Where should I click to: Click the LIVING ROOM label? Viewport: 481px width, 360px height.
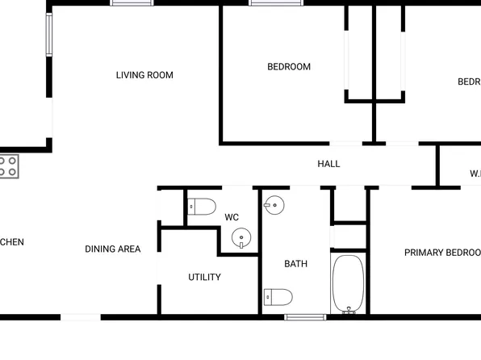point(144,75)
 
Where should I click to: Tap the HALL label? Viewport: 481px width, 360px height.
point(328,164)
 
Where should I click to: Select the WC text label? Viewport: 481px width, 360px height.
point(232,217)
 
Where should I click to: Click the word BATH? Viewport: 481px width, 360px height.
point(295,264)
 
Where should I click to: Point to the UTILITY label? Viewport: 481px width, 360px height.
point(204,278)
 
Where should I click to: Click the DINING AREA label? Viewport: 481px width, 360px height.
point(112,249)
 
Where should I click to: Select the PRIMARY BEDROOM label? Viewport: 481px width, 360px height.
point(442,253)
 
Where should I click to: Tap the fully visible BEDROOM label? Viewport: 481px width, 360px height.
point(289,67)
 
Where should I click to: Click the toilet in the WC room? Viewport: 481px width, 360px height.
point(202,207)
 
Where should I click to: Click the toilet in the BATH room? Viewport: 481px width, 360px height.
point(278,298)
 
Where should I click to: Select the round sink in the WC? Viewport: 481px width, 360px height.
point(241,238)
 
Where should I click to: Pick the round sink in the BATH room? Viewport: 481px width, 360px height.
point(274,205)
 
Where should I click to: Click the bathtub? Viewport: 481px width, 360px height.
point(349,283)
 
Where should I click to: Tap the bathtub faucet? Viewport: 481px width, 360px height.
point(349,308)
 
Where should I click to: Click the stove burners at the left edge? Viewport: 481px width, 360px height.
point(8,166)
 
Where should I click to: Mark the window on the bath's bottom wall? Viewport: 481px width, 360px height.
point(305,317)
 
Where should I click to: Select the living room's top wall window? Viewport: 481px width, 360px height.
point(132,3)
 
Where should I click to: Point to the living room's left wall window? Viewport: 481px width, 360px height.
point(48,34)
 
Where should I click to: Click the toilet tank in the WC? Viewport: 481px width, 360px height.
point(190,207)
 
